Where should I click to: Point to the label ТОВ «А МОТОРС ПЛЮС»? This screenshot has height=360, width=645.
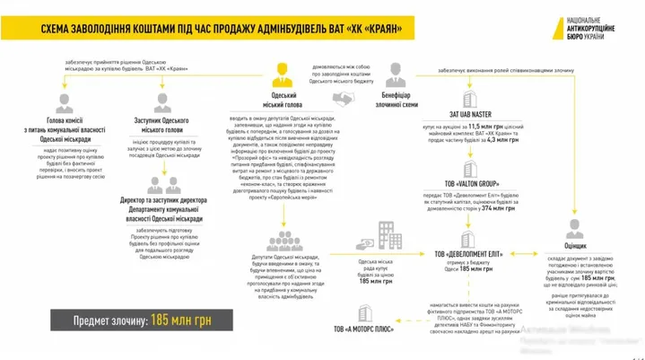click(x=365, y=330)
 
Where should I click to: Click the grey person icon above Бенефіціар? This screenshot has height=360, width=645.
click(x=396, y=72)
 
